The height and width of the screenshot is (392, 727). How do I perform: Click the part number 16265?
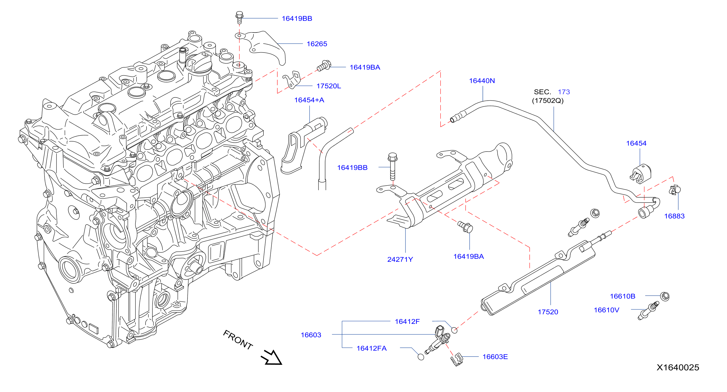(x=317, y=44)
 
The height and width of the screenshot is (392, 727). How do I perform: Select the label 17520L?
(x=329, y=86)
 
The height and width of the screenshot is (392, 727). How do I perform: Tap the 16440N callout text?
(x=482, y=81)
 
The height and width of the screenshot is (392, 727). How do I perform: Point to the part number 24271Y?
(x=400, y=259)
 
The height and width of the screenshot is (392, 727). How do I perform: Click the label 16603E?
(x=495, y=357)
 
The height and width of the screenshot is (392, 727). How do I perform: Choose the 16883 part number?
(x=674, y=216)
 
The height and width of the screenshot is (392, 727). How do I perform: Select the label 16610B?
(x=623, y=296)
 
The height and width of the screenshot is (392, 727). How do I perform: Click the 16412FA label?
(x=371, y=348)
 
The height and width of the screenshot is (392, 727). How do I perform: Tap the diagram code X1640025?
(x=678, y=367)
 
